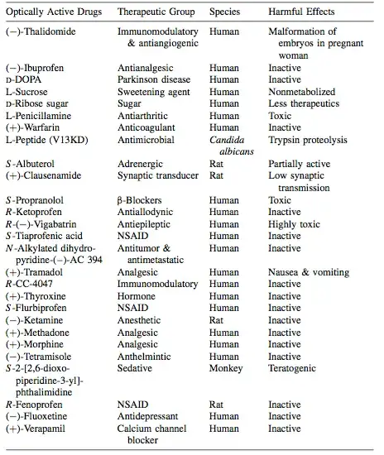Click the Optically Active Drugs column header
point(51,13)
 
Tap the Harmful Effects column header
point(302,13)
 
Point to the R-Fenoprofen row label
point(35,405)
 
